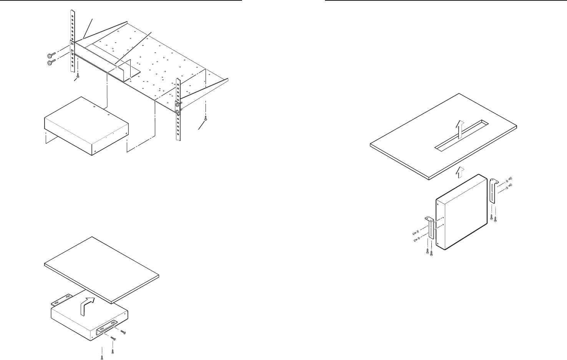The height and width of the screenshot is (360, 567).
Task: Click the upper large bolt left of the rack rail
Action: tap(49, 56)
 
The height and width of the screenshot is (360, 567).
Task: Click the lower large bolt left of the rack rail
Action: tap(50, 63)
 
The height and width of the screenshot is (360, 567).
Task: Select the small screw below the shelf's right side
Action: tap(206, 119)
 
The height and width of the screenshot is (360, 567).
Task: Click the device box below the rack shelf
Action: tap(86, 126)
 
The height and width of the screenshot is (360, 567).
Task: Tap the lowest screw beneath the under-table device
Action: tap(102, 357)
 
